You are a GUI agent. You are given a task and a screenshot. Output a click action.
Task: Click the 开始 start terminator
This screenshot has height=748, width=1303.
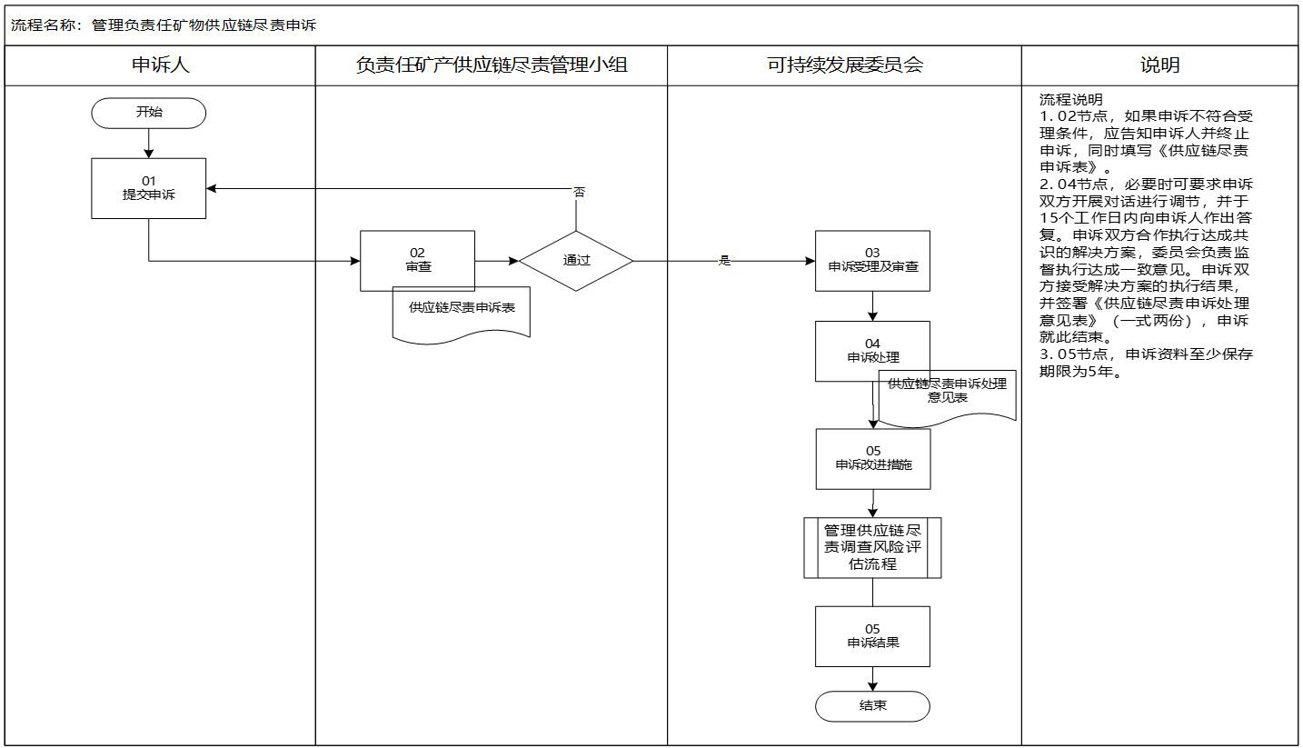click(x=148, y=113)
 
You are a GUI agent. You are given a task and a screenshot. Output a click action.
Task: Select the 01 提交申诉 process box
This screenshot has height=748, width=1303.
click(x=148, y=188)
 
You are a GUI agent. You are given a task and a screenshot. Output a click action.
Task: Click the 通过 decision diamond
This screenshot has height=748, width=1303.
click(x=576, y=261)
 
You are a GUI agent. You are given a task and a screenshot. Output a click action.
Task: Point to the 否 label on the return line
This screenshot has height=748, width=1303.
click(x=579, y=193)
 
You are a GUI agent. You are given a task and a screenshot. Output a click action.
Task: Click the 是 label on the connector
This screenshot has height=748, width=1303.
click(x=724, y=261)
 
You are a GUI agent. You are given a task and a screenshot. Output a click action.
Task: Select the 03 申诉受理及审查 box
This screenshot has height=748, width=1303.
click(x=872, y=260)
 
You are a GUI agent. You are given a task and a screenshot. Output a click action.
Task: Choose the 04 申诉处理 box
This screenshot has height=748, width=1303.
click(x=872, y=351)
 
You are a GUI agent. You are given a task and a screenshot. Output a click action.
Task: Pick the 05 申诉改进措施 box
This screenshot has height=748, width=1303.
click(x=872, y=458)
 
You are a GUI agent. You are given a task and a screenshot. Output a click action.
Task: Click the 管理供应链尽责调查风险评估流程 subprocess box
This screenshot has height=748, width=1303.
click(x=872, y=547)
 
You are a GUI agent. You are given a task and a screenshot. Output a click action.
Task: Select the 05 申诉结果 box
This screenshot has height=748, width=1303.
click(x=872, y=635)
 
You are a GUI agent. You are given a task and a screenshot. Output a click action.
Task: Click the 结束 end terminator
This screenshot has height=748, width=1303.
click(x=872, y=706)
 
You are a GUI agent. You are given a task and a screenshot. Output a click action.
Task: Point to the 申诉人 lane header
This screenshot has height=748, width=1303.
click(x=161, y=65)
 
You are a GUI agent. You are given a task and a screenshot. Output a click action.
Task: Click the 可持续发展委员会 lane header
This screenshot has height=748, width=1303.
click(x=844, y=65)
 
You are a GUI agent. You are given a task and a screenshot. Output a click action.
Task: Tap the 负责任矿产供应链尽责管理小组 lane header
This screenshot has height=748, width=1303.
click(x=492, y=65)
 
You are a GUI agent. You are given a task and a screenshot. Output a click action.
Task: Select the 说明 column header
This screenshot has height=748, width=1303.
click(x=1159, y=65)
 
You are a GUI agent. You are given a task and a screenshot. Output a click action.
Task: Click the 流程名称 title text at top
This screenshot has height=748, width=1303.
click(x=164, y=25)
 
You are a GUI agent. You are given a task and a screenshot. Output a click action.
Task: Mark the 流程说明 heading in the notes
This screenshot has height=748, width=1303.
click(x=1070, y=100)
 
